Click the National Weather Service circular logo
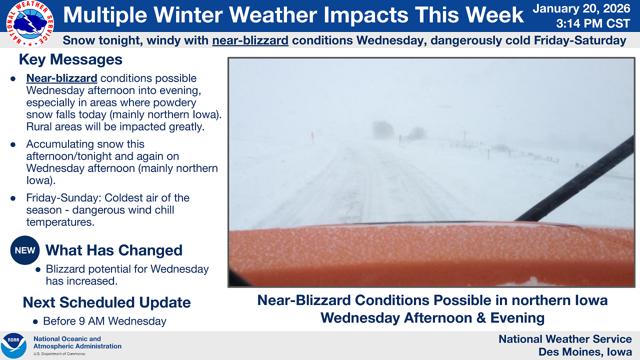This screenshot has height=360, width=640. click(x=29, y=23)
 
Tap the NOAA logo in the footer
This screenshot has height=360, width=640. click(x=13, y=345)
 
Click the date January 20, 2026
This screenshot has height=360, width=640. click(x=581, y=8)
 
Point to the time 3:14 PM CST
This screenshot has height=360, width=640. click(x=593, y=23)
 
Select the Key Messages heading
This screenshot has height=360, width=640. click(x=70, y=59)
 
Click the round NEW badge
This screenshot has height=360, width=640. click(x=25, y=250)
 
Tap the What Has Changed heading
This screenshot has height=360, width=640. click(x=113, y=250)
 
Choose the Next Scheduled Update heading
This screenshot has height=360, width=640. click(x=106, y=302)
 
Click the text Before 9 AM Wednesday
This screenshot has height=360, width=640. click(x=104, y=321)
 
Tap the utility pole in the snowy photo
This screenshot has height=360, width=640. click(x=465, y=137)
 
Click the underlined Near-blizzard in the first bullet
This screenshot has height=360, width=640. click(x=61, y=78)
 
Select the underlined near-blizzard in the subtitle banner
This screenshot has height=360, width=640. click(x=250, y=40)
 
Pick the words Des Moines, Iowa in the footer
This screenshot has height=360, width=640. click(x=585, y=351)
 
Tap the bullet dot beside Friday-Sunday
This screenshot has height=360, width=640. click(x=13, y=198)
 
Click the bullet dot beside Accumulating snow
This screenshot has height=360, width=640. click(x=13, y=144)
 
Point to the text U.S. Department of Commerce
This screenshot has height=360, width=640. click(x=59, y=353)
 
